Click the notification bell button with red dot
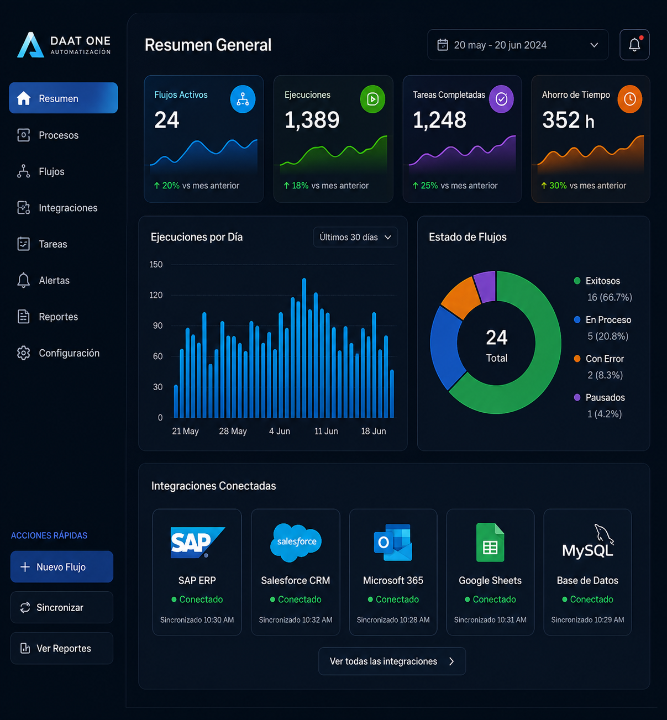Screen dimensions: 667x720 point(634,45)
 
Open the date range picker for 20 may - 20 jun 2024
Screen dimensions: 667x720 point(518,45)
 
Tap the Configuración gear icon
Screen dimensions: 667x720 point(24,353)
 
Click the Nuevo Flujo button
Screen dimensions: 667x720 point(62,566)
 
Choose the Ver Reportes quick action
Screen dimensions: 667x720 point(62,648)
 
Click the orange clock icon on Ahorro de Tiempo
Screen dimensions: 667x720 point(629,99)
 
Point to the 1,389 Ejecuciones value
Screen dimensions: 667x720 point(312,120)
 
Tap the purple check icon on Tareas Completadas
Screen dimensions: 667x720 point(501,99)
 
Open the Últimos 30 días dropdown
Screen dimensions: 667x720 point(355,237)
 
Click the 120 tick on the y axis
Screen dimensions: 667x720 point(156,295)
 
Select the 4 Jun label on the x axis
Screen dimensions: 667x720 point(279,431)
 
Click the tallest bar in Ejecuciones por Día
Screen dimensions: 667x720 point(304,348)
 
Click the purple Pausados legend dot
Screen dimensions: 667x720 point(577,397)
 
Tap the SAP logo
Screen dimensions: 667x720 point(198,543)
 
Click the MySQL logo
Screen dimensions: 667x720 point(587,542)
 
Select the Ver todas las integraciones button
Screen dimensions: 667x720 point(392,661)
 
